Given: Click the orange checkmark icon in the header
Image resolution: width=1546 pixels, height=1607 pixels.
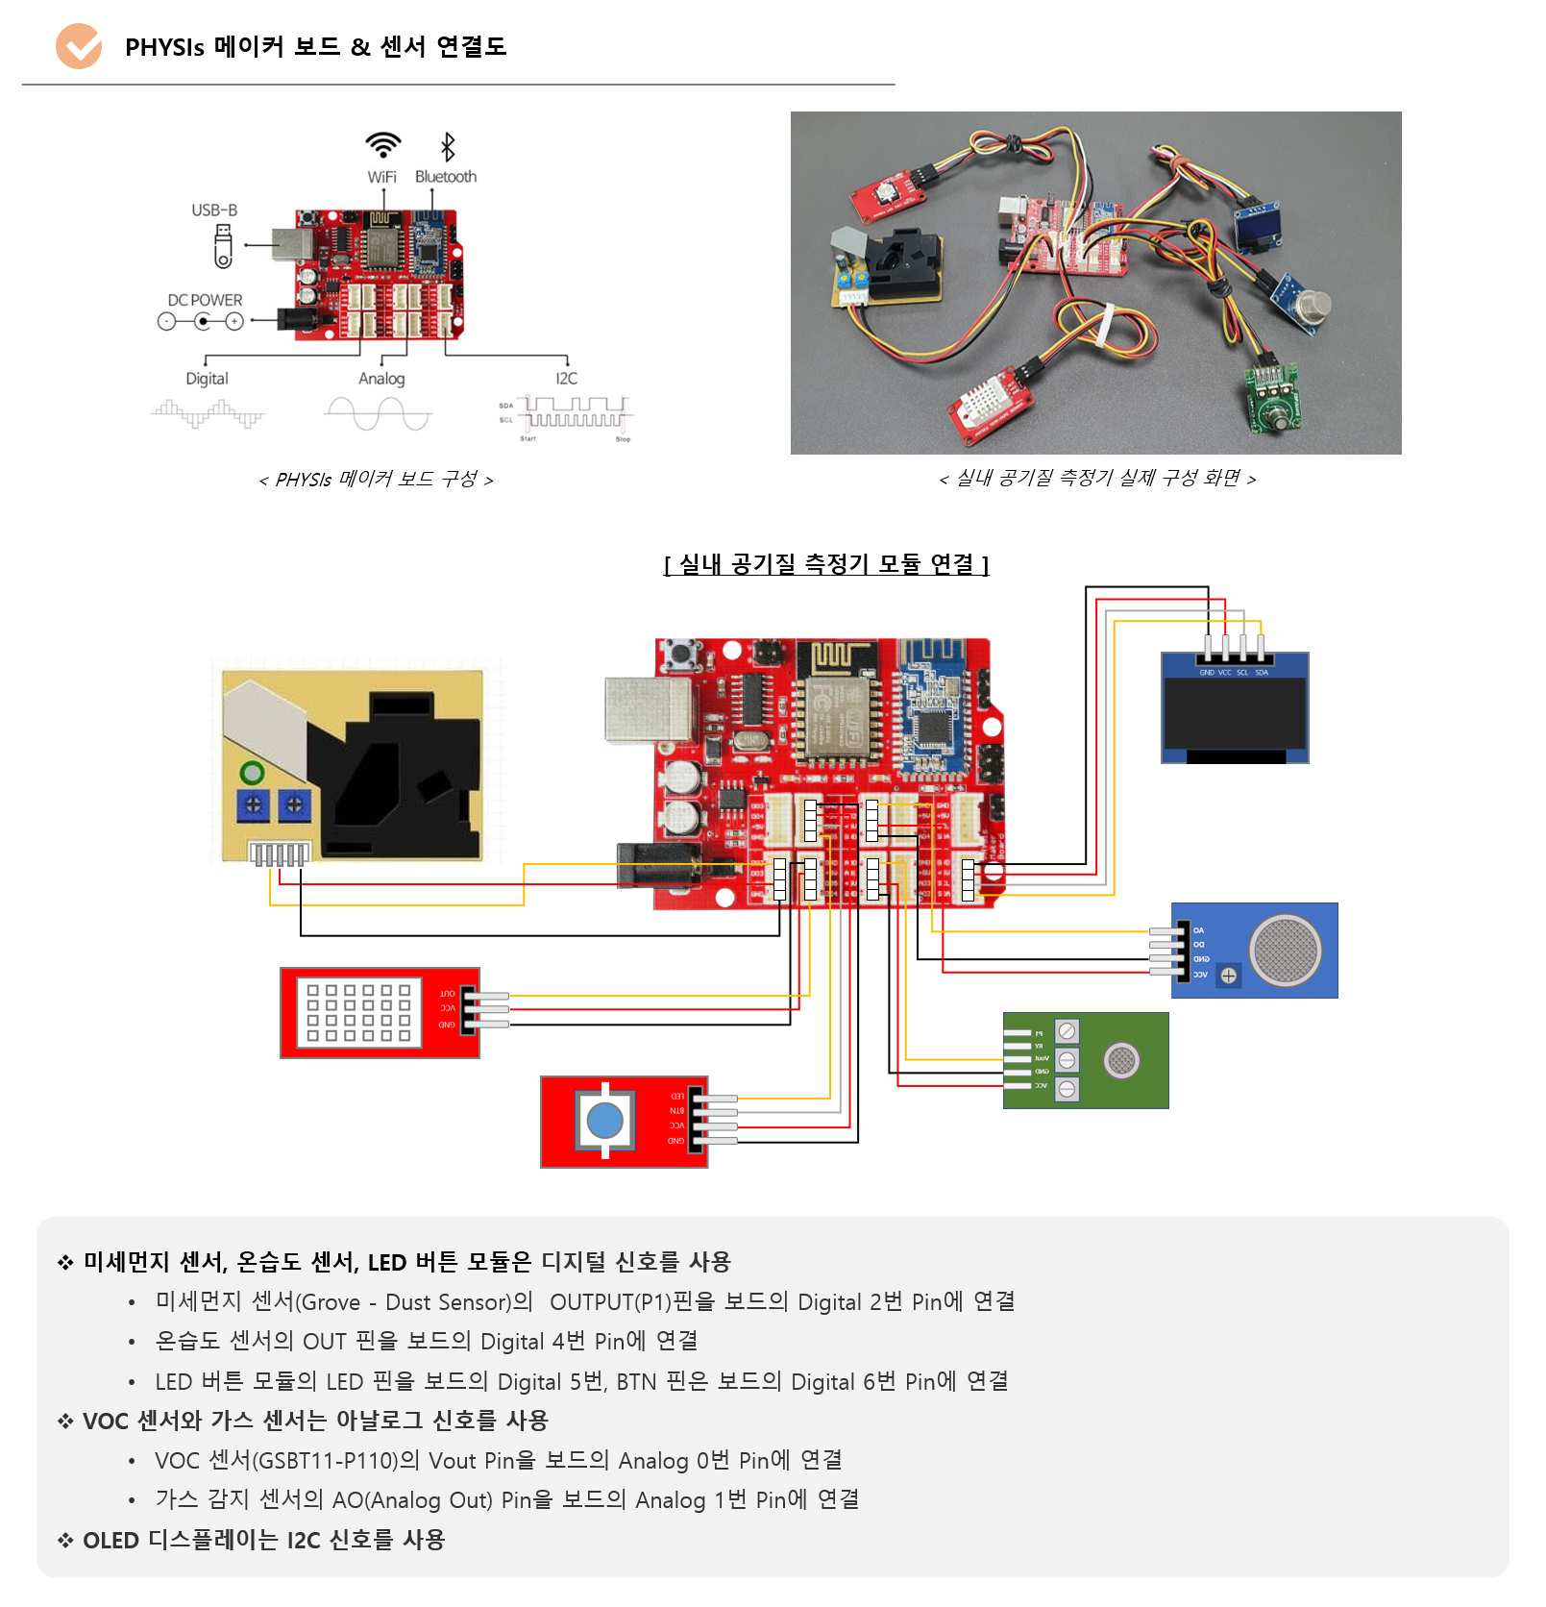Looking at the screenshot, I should (79, 46).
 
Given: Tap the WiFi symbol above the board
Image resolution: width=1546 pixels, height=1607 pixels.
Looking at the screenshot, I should (382, 145).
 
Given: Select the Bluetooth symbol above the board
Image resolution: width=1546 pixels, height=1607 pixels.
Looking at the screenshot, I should (447, 147).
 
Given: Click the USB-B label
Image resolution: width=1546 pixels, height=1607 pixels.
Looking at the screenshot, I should (214, 210).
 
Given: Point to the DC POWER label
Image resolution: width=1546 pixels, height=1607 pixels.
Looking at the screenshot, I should (205, 300).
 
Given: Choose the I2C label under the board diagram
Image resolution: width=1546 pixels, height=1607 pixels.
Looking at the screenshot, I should (566, 379).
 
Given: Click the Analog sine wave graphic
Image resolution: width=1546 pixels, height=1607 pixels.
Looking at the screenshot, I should (379, 414).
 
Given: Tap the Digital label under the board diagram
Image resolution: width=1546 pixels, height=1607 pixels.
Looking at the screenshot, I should (207, 379).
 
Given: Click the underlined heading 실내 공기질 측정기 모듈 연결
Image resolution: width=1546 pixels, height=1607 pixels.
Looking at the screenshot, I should (826, 564).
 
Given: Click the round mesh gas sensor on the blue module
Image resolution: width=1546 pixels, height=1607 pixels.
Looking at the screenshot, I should (1285, 950).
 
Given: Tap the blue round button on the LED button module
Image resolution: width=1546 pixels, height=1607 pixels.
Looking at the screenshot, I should (604, 1121).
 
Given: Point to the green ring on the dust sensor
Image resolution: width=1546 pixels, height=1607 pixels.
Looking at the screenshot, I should (252, 773).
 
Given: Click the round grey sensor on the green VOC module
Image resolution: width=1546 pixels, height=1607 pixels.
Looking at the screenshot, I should (1121, 1060).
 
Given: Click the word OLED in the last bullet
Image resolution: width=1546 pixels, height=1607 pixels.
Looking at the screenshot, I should (111, 1541).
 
